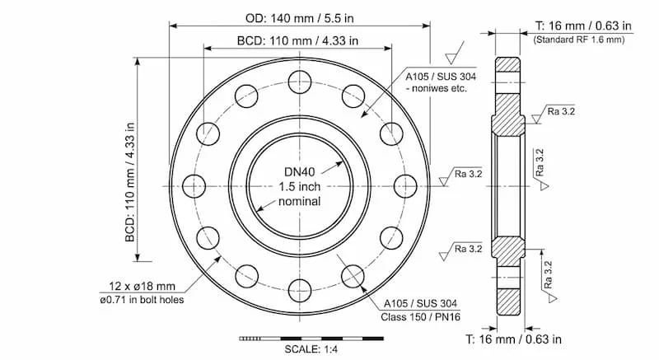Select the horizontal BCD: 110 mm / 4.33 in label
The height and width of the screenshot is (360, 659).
click(x=298, y=40)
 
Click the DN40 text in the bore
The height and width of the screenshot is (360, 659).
click(x=300, y=171)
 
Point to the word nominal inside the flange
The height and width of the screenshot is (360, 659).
click(x=300, y=202)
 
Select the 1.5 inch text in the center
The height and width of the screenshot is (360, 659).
click(x=300, y=186)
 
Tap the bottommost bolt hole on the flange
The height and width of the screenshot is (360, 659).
click(x=299, y=288)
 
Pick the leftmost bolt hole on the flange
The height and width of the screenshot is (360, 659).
click(x=194, y=185)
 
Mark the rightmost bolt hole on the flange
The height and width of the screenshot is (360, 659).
click(x=404, y=185)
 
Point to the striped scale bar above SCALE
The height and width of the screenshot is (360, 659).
click(x=311, y=338)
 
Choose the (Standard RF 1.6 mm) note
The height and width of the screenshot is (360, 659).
click(x=578, y=39)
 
